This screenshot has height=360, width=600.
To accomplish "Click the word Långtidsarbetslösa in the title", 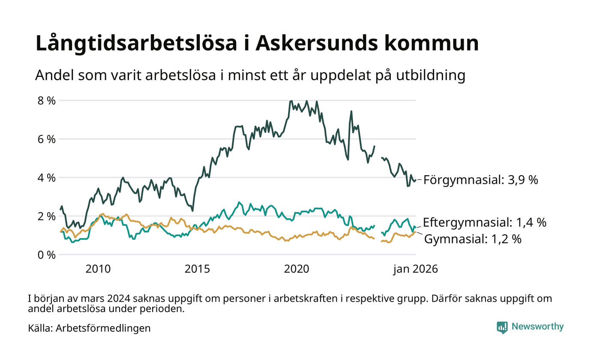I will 133,44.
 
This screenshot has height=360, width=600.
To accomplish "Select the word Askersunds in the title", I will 312,44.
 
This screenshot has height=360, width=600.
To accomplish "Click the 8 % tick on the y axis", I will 46,101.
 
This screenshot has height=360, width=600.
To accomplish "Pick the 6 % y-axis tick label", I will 46,139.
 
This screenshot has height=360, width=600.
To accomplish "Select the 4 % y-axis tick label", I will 46,177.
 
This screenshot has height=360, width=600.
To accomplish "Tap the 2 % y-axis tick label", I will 46,216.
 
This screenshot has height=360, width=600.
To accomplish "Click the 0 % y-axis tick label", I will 46,255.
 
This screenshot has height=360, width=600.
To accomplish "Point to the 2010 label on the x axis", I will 98,269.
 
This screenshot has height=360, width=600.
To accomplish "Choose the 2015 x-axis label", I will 197,269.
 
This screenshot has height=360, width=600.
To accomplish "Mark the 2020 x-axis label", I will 297,269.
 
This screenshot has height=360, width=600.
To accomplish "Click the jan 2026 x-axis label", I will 416,269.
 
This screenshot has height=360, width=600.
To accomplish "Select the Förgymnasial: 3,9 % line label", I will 480,180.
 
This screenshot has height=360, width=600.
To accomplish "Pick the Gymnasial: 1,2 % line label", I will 473,239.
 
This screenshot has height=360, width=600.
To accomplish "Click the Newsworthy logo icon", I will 502,327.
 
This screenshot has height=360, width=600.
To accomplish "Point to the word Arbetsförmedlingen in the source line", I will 103,328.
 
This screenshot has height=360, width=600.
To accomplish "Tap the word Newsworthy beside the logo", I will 537,327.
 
